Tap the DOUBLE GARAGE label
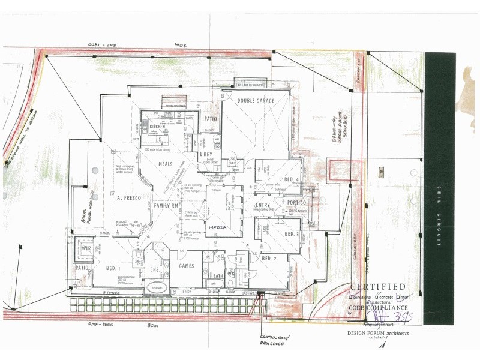tap(256, 101)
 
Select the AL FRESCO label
tap(127, 196)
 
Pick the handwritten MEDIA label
tap(217, 229)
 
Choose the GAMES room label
tap(187, 265)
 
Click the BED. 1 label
tap(114, 268)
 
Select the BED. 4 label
tap(292, 180)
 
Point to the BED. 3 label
tap(292, 234)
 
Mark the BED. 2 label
tap(269, 259)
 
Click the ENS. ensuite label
tap(154, 270)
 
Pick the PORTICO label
tap(296, 203)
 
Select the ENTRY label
tap(263, 206)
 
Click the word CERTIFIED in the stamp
tap(377, 287)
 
